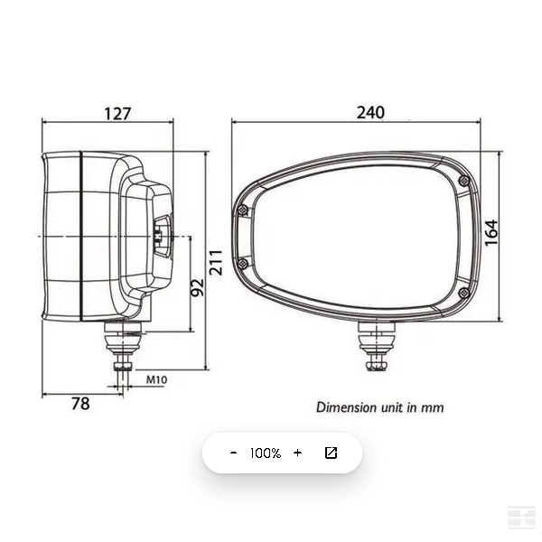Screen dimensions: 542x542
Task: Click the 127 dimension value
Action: click(x=117, y=114)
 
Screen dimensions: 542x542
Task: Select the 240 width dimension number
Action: click(x=370, y=113)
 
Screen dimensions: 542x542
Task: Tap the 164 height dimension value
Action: click(x=491, y=232)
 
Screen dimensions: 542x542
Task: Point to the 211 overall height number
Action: click(x=216, y=262)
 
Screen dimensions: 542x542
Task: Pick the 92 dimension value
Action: click(x=198, y=287)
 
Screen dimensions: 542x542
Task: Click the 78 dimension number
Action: click(x=80, y=404)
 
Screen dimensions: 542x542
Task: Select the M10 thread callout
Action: click(x=156, y=380)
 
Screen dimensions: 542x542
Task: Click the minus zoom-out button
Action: click(x=234, y=453)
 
